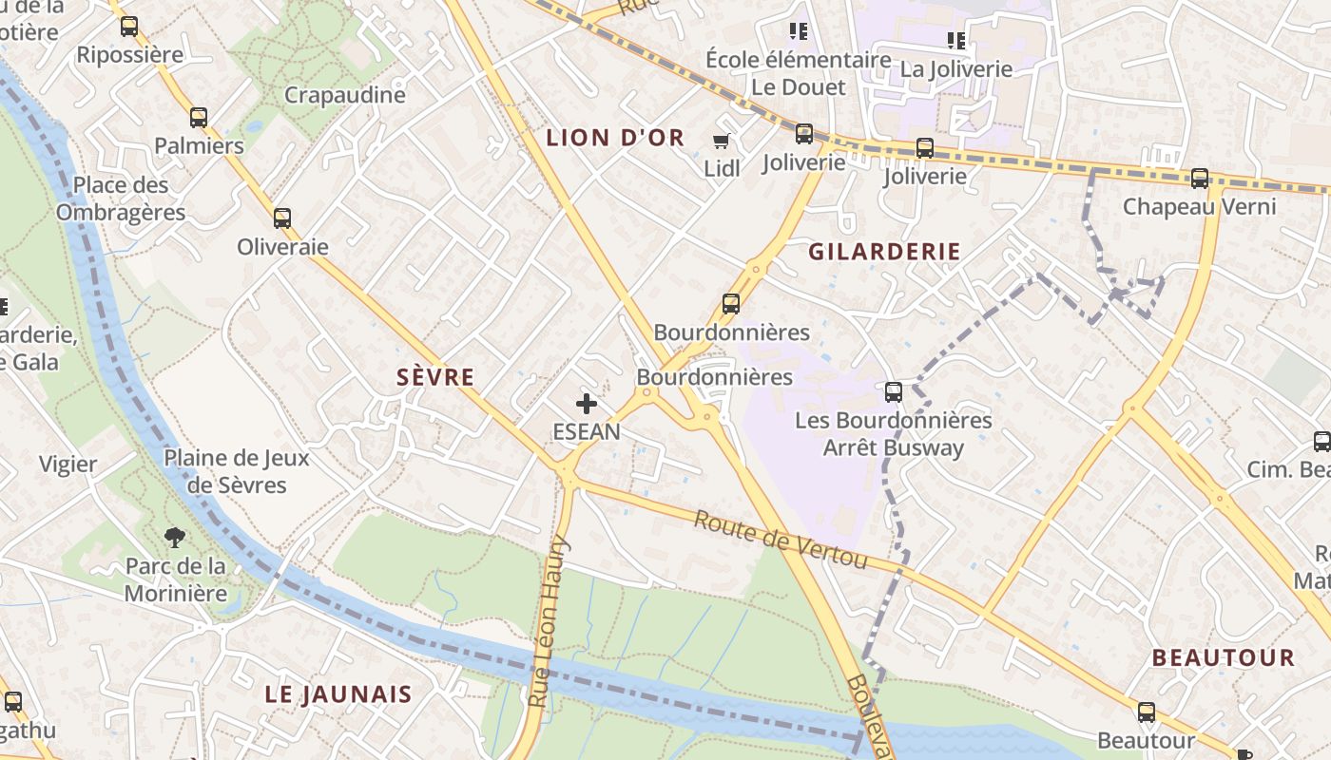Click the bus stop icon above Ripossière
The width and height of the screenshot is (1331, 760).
[x=129, y=27]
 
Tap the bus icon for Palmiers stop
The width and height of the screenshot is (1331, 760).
[x=198, y=118]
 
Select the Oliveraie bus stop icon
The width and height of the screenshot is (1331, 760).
[x=281, y=218]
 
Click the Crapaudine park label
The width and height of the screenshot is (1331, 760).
[x=344, y=95]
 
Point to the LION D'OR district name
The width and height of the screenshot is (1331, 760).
[x=614, y=138]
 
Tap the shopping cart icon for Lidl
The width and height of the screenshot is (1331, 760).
[x=721, y=142]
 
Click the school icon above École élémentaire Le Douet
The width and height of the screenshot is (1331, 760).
[x=799, y=31]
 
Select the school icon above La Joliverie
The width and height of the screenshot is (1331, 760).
[x=955, y=41]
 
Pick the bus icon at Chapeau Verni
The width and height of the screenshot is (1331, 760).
[x=1199, y=179]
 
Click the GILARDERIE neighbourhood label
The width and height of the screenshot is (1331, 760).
[x=884, y=252]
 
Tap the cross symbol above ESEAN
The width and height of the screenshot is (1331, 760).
[x=587, y=404]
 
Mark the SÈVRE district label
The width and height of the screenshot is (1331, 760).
[x=435, y=377]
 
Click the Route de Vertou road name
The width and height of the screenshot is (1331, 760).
[x=781, y=541]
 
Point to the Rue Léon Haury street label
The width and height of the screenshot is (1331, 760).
[x=548, y=622]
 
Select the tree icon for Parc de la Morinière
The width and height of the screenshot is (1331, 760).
[x=175, y=538]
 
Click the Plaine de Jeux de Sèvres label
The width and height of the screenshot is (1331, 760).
[x=237, y=471]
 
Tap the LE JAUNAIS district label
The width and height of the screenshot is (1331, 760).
[x=338, y=694]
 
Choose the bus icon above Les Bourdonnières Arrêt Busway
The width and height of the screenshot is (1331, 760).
[x=893, y=391]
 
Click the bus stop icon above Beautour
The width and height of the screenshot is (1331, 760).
[x=1146, y=712]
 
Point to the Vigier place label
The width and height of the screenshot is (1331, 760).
[x=68, y=465]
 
